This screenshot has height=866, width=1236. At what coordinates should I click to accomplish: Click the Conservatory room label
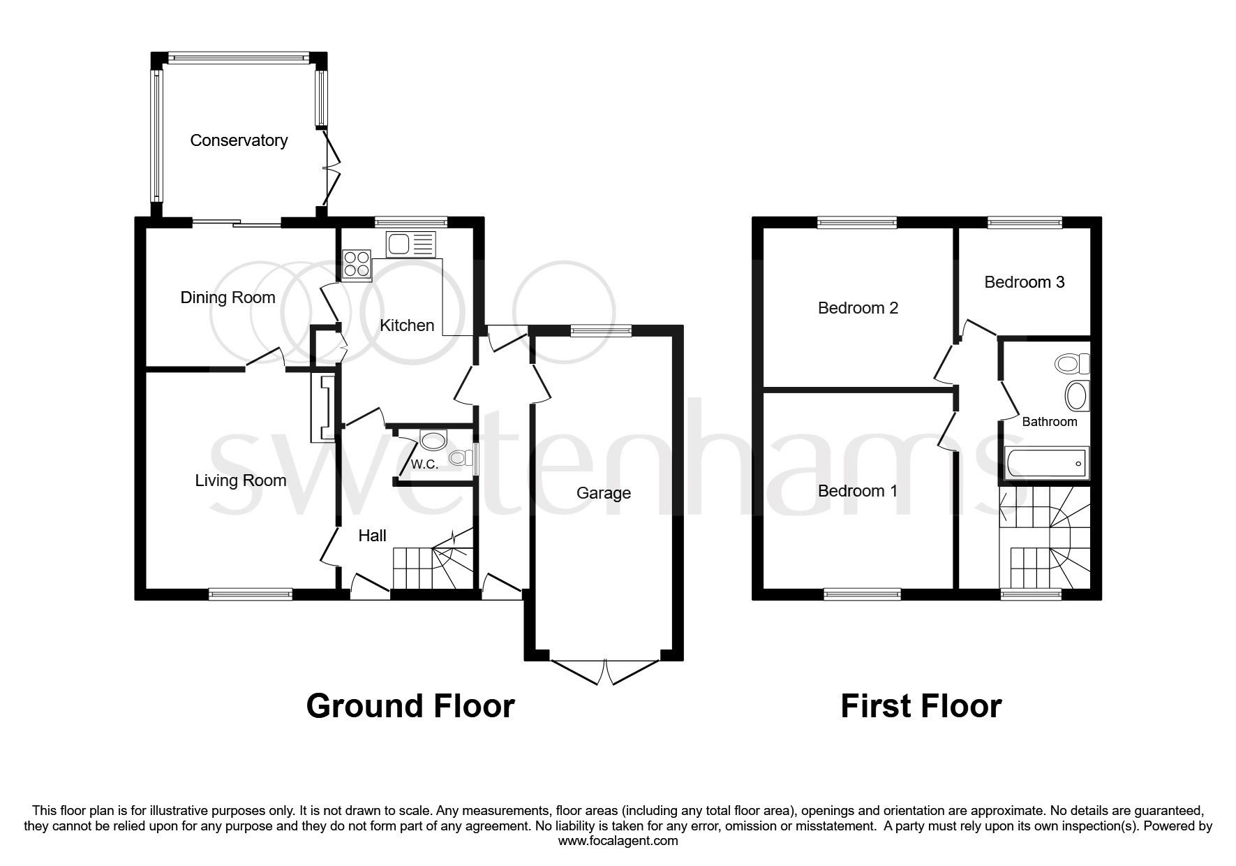[x=239, y=140]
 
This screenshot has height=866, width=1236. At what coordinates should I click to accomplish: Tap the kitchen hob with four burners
[x=357, y=265]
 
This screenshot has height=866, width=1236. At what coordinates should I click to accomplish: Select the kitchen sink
[x=410, y=244]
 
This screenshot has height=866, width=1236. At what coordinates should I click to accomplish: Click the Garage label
[x=603, y=493]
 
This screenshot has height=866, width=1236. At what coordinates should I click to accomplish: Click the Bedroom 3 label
[x=1024, y=282]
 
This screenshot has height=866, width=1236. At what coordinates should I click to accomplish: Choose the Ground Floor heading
[x=410, y=706]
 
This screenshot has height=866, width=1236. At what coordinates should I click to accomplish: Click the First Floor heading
[x=921, y=706]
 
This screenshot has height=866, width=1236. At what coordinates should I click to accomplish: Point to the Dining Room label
[x=228, y=298]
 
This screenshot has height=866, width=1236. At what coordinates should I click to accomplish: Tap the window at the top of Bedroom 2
[x=857, y=223]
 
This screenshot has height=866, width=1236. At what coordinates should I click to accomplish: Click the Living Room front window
[x=251, y=594]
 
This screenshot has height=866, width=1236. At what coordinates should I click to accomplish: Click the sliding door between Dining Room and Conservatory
[x=237, y=223]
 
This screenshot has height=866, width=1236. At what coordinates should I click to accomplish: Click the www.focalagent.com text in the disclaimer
[x=618, y=841]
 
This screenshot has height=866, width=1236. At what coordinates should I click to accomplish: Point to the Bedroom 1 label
[x=857, y=491]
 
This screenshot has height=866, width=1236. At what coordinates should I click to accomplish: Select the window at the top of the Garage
[x=601, y=331]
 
